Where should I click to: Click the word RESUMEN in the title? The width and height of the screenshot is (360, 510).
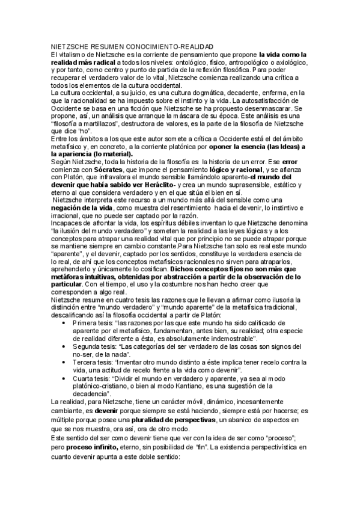[105, 46]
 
